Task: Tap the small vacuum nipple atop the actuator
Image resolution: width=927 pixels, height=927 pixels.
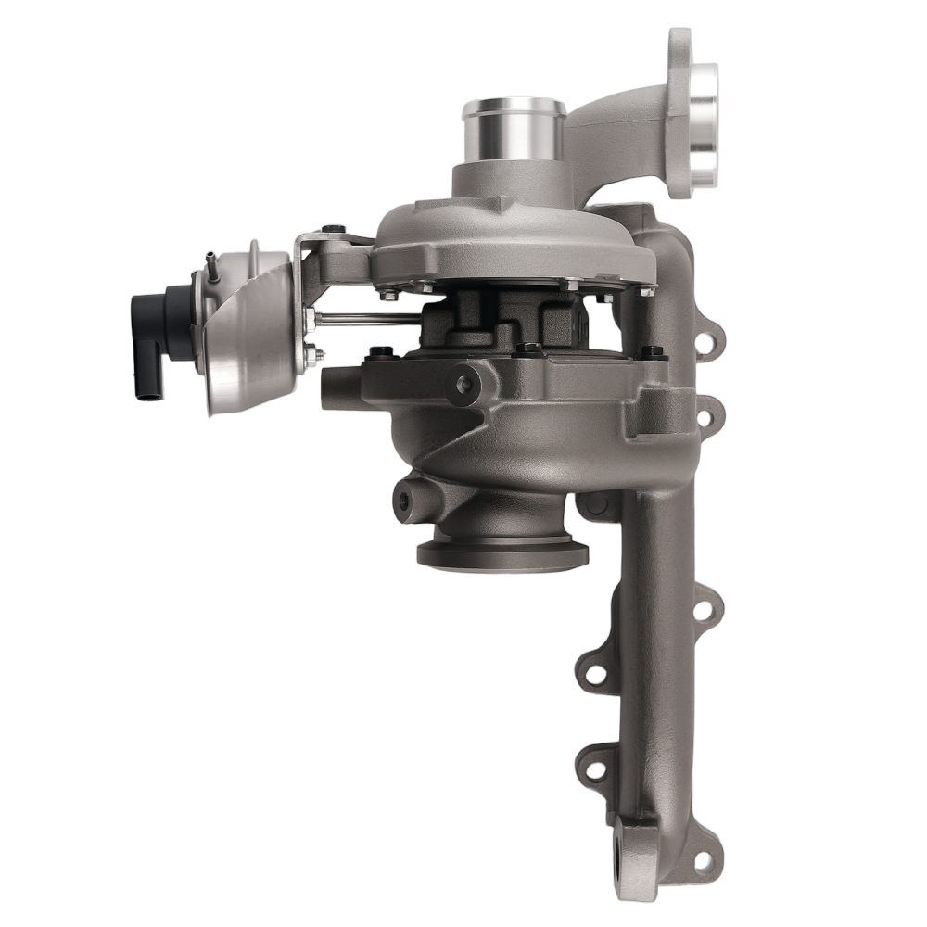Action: [211, 260]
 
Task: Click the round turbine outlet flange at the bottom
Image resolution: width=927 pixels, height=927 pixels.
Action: [502, 552]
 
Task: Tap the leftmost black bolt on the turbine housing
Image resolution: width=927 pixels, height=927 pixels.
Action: [378, 352]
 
